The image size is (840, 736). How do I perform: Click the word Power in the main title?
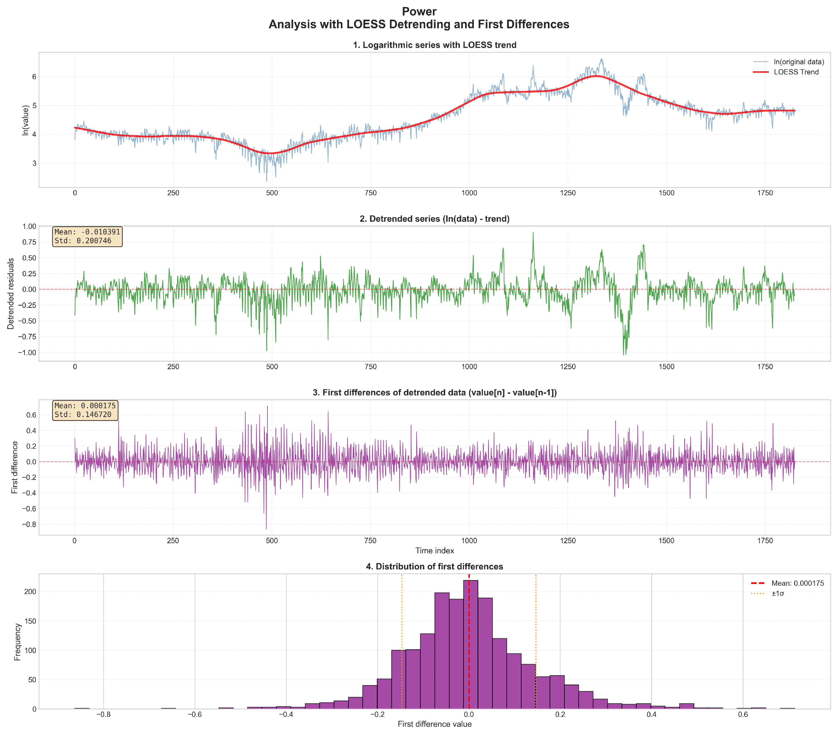click(419, 12)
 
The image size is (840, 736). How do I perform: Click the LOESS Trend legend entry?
click(796, 72)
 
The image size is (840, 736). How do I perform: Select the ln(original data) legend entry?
click(798, 62)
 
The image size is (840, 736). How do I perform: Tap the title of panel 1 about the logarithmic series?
click(434, 45)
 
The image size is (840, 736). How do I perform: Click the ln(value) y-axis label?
click(26, 120)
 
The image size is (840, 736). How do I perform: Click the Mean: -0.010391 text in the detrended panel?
click(87, 232)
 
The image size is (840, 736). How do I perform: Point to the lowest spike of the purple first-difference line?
click(266, 528)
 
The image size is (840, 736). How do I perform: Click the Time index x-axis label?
click(434, 551)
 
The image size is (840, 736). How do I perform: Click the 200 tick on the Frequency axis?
click(30, 592)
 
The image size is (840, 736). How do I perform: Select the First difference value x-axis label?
click(434, 724)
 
